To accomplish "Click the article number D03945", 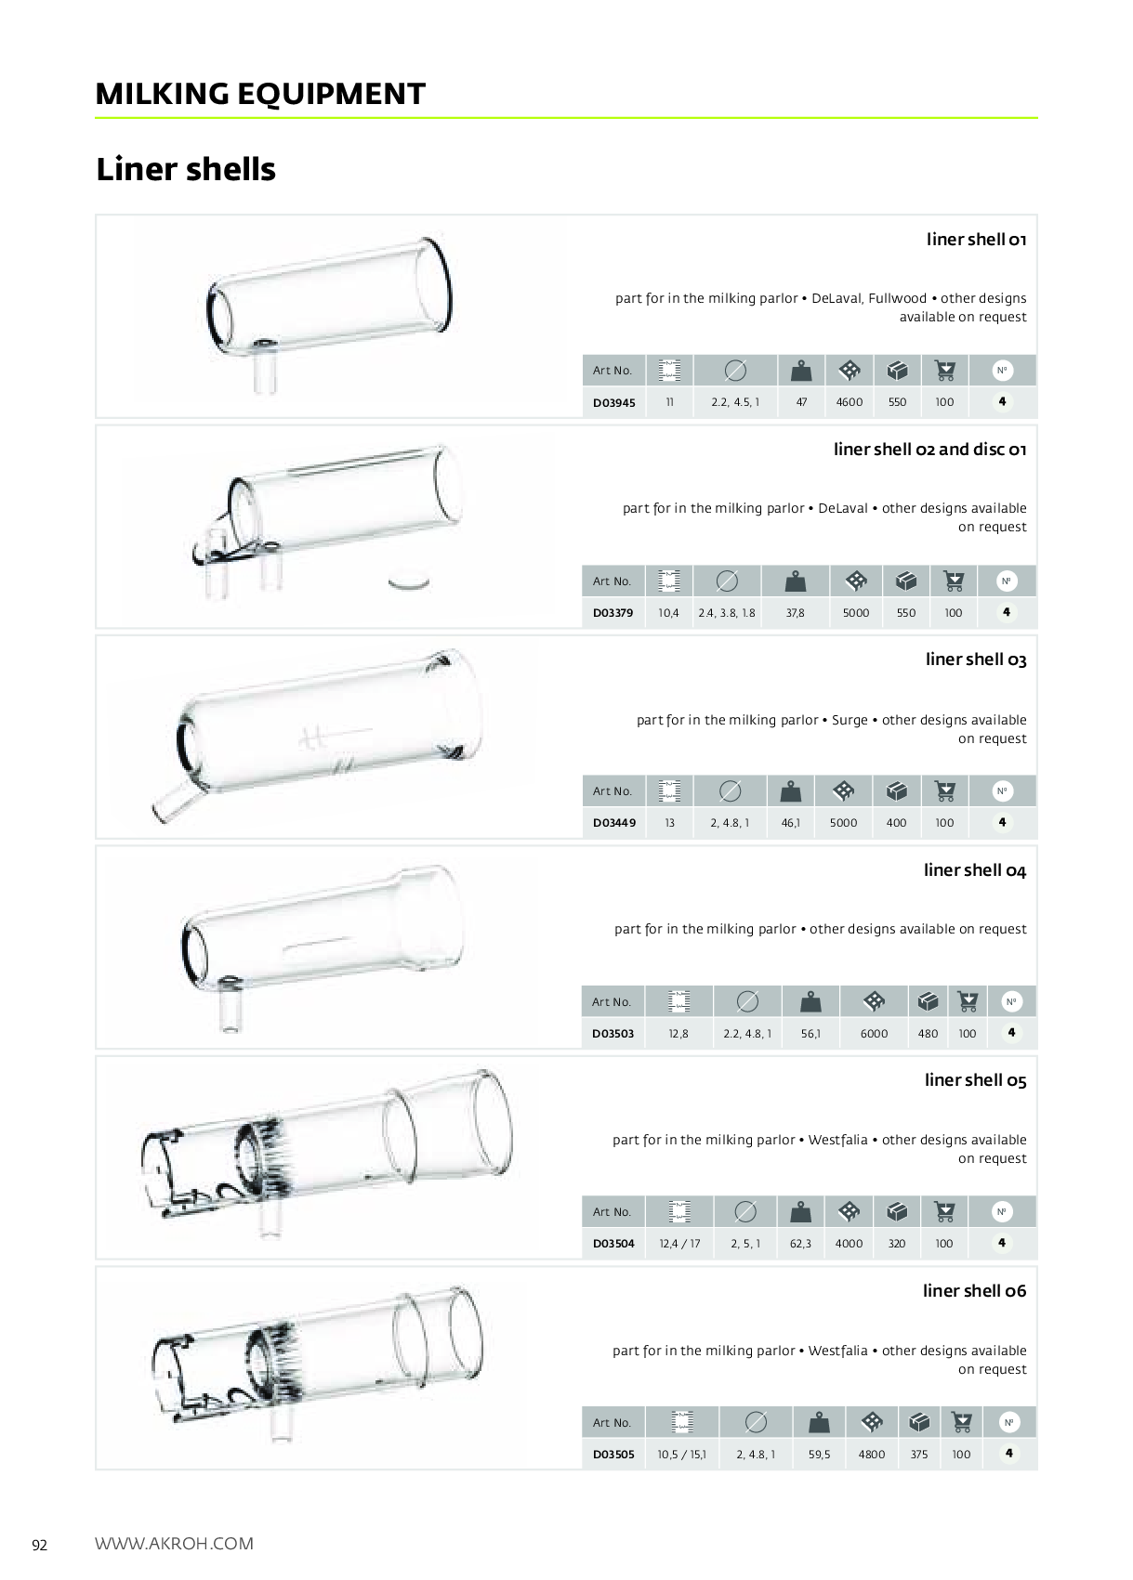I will (614, 402).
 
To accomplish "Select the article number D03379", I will (613, 613).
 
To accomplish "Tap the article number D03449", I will (614, 823).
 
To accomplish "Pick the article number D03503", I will (613, 1034).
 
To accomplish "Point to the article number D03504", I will (613, 1244).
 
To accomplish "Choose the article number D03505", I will (613, 1455).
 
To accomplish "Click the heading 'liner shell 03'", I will (976, 659).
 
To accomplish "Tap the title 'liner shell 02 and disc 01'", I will (929, 450).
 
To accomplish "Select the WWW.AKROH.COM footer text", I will (174, 1544).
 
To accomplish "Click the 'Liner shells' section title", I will (186, 170).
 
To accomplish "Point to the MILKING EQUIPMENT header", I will (260, 94).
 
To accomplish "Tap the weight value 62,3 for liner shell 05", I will (800, 1244).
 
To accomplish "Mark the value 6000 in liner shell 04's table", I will (874, 1034).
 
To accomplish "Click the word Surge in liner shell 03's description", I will (850, 720).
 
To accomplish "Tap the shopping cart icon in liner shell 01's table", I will (945, 371).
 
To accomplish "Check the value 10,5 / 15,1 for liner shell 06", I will (681, 1455).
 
